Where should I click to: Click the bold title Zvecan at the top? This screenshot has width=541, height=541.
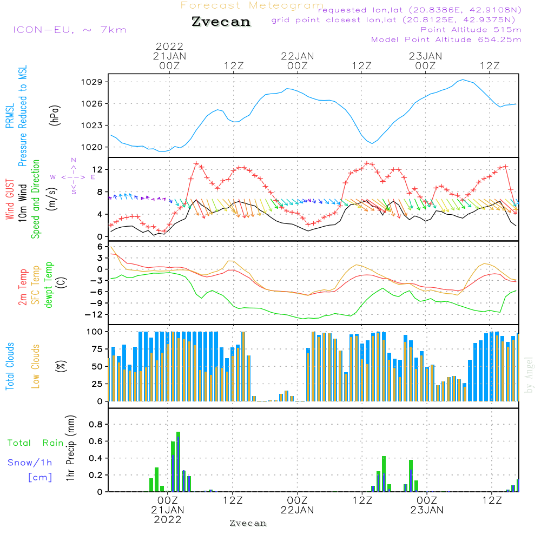[221, 22]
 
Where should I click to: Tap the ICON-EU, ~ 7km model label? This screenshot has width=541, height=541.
[69, 29]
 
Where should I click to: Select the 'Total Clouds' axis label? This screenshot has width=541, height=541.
[10, 366]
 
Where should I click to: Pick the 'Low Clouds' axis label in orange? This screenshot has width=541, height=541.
[36, 366]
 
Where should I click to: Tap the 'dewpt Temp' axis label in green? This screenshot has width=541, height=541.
[49, 285]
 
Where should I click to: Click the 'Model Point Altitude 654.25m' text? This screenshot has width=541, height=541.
[446, 39]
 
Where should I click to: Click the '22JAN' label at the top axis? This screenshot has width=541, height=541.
[297, 56]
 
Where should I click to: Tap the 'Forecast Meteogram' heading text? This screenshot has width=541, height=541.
[252, 5]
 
